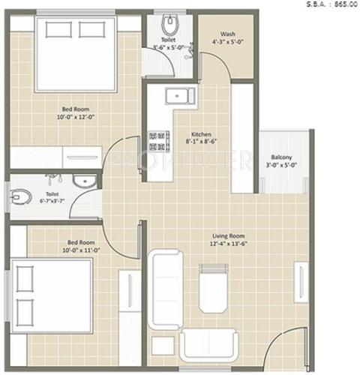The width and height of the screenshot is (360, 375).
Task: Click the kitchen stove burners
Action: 158,137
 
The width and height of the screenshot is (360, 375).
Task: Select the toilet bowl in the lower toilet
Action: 20,197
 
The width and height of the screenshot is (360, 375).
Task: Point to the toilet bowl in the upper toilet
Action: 169,21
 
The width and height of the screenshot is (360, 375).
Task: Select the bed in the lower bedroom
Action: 52,295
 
